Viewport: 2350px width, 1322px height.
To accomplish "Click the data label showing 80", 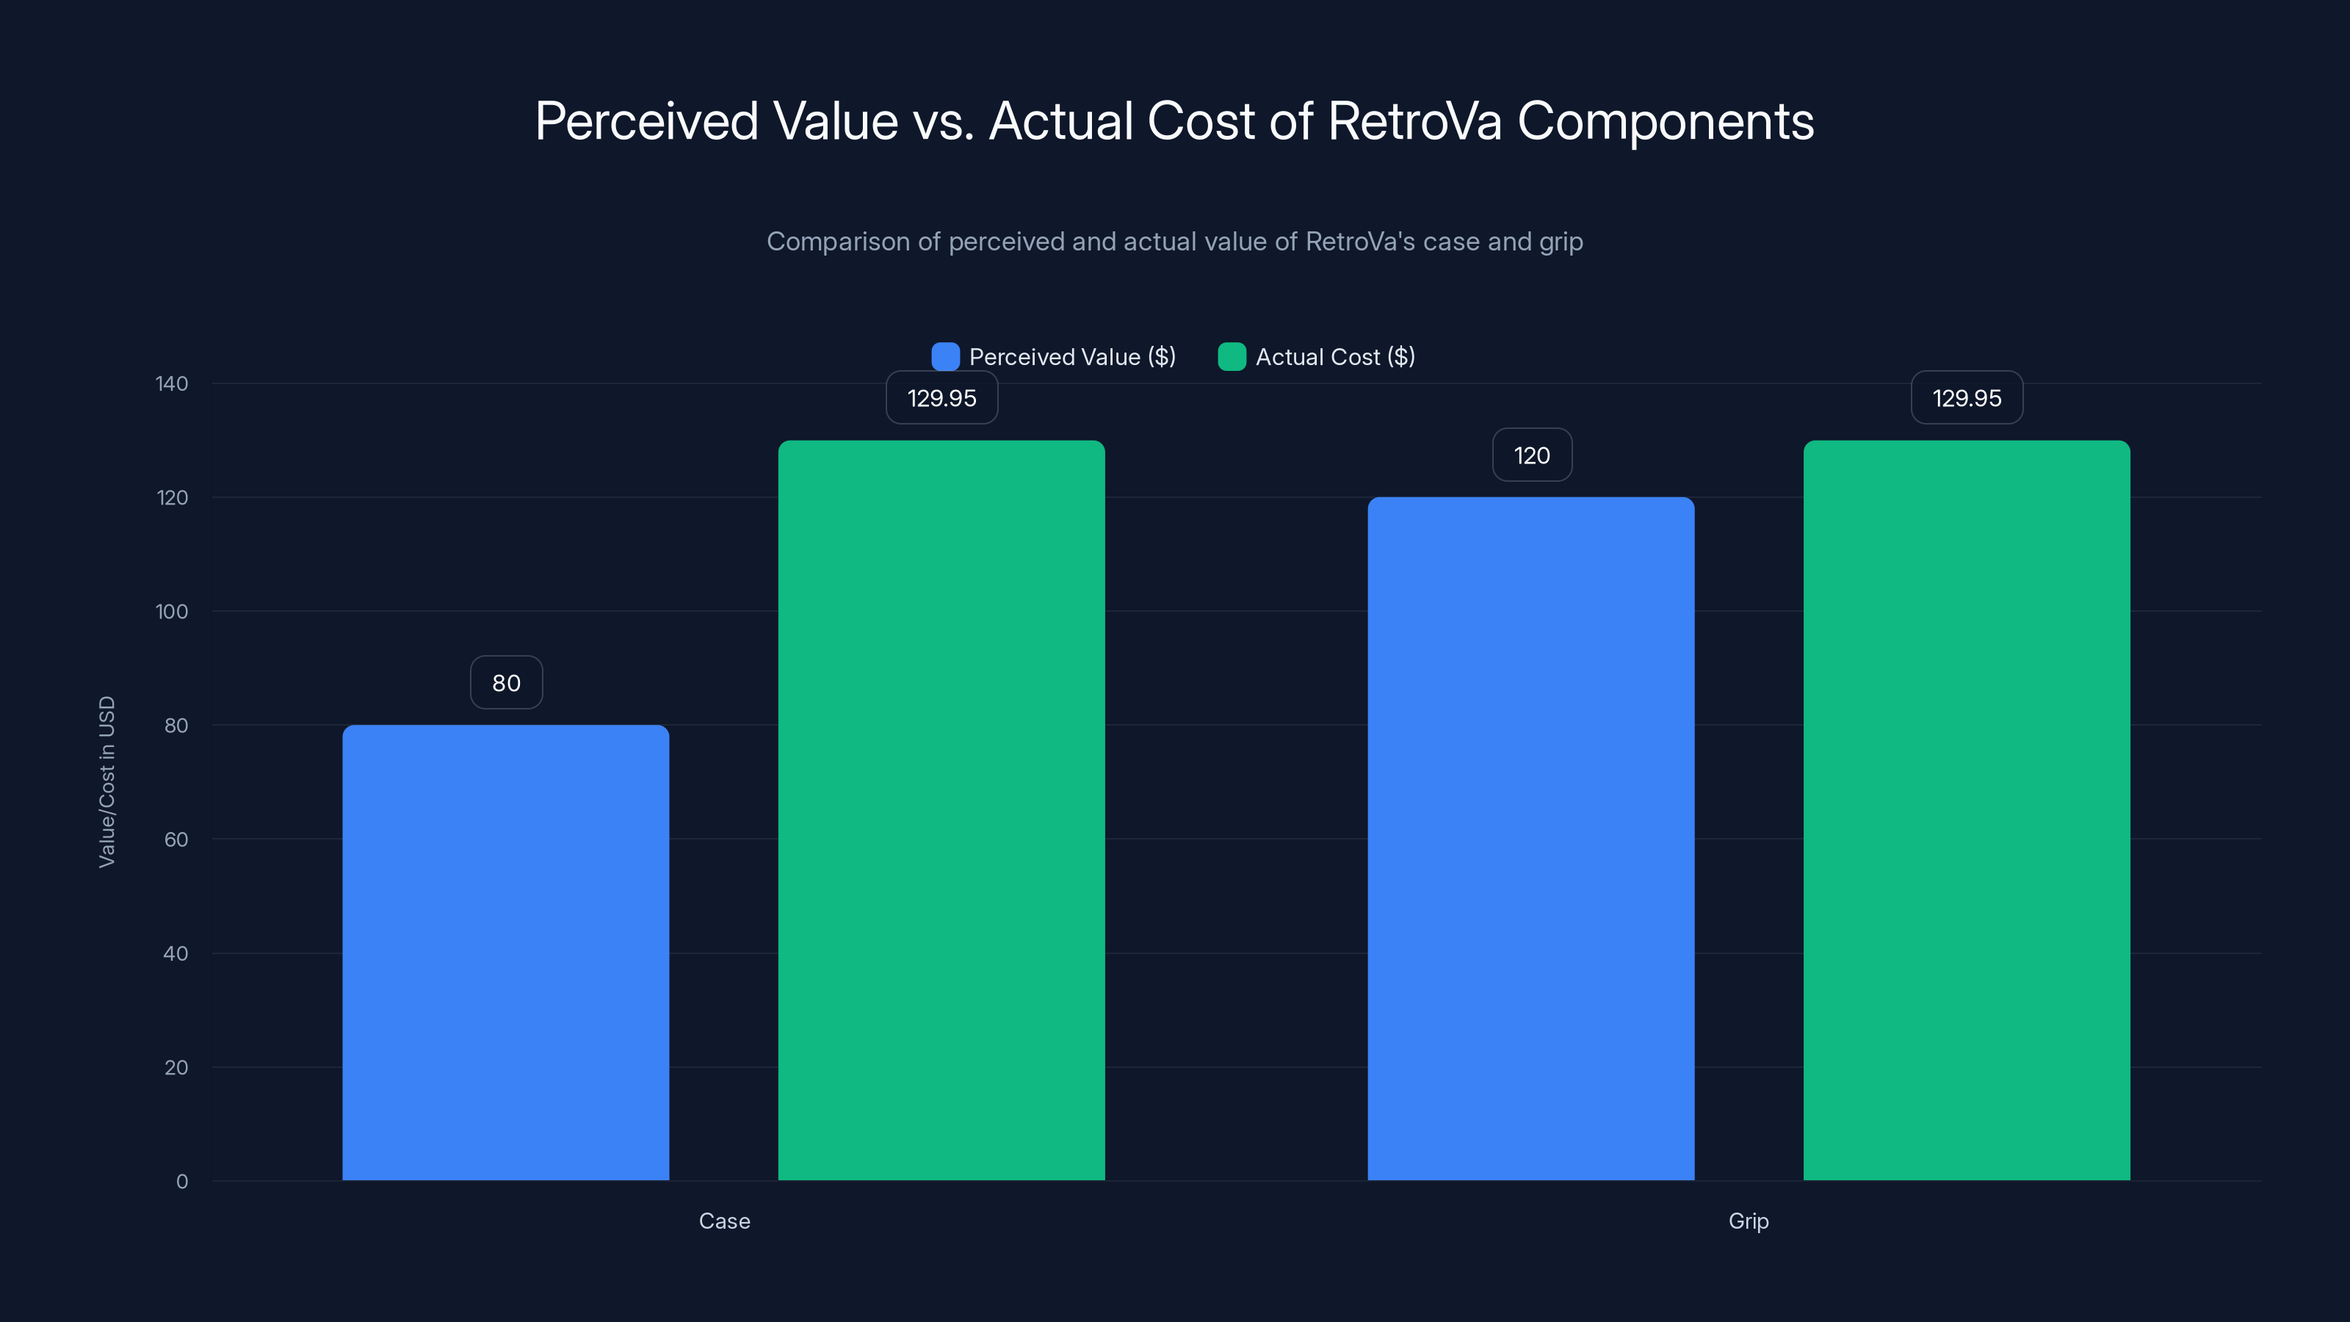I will coord(506,682).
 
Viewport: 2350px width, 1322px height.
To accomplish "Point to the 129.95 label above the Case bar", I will coord(941,398).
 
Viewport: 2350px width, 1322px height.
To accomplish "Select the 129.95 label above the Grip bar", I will coord(1967,398).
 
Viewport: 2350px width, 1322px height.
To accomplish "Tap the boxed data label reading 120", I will coord(1532,455).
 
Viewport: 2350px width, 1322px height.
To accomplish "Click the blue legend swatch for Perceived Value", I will coord(945,357).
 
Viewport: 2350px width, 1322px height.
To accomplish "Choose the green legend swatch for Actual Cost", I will coord(1232,357).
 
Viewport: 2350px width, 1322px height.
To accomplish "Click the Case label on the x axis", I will coord(724,1221).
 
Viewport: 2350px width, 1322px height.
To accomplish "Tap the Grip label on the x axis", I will coord(1748,1221).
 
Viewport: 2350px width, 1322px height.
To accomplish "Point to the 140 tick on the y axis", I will coord(172,383).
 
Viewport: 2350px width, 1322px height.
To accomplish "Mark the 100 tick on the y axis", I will coord(172,611).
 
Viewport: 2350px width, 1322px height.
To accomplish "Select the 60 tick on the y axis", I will coord(176,839).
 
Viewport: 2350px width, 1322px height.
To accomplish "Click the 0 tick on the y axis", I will coord(181,1182).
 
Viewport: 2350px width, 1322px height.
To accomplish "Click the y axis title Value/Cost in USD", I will coord(106,782).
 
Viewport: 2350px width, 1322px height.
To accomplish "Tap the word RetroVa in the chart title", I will coord(1413,120).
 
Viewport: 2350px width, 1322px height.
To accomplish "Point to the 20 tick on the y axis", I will coord(176,1067).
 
